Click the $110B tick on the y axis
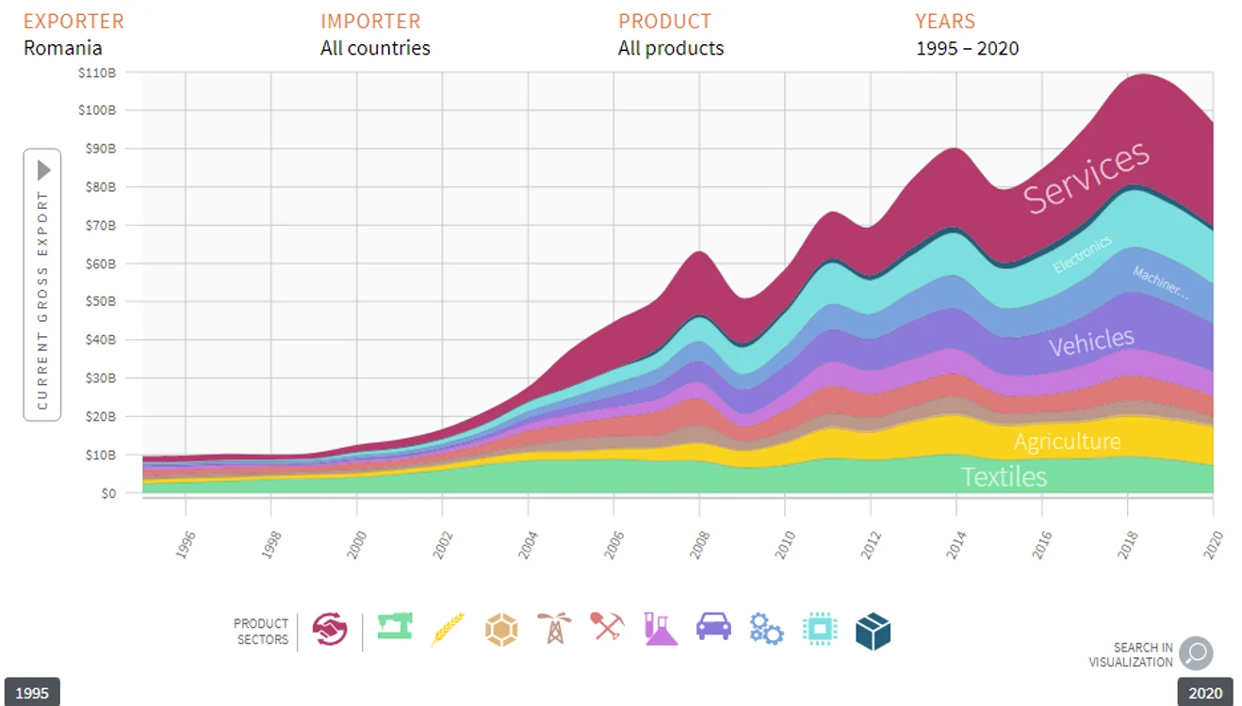tap(98, 72)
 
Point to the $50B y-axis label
tap(100, 301)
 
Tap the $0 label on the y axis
tap(108, 493)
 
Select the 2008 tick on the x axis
tap(699, 544)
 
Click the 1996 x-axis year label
tap(186, 544)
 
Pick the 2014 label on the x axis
tap(956, 544)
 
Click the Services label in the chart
tap(1086, 177)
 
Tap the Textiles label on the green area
tap(1004, 476)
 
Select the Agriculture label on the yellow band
tap(1068, 441)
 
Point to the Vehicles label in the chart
tap(1091, 342)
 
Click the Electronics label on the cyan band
tap(1082, 254)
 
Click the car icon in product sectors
tap(713, 627)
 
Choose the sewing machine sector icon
tap(395, 626)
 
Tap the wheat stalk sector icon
tap(448, 629)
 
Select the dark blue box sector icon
tap(874, 631)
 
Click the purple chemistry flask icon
tap(661, 629)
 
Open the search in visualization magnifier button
tap(1196, 653)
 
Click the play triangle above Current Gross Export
tap(43, 170)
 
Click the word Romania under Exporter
tap(62, 48)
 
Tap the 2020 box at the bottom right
tap(1205, 692)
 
